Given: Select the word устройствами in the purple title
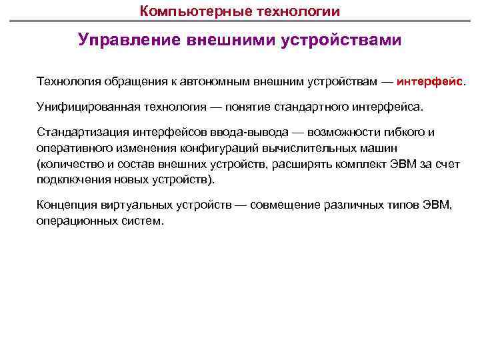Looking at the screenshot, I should click(x=342, y=41).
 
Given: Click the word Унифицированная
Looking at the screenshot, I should click(x=80, y=107).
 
